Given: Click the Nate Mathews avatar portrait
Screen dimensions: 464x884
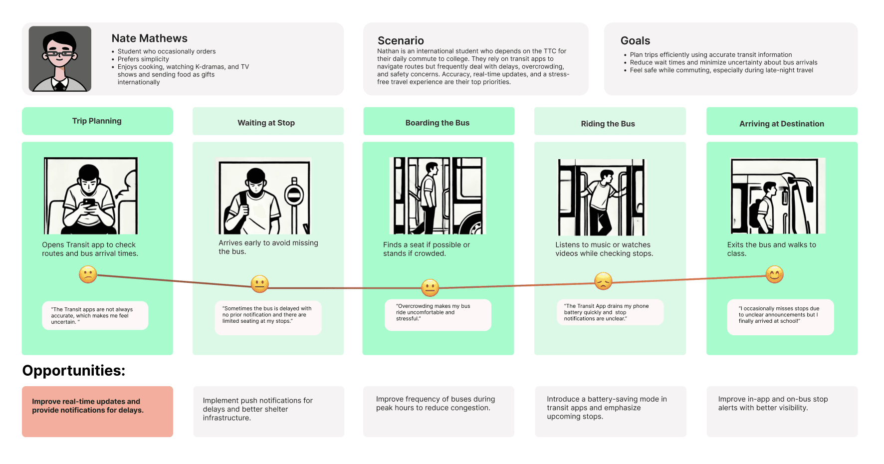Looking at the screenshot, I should point(60,59).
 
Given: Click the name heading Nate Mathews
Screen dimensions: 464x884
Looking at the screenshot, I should point(149,38).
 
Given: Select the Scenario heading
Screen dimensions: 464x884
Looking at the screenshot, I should point(401,41).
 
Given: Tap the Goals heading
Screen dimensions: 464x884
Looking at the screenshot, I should point(635,41).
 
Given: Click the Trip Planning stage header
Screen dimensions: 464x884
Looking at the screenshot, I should point(97,121).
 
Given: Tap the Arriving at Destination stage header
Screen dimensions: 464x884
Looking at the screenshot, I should point(782,124).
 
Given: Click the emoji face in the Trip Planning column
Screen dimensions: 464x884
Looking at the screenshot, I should point(88,274).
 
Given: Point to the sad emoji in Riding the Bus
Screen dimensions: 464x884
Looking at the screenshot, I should point(603,281).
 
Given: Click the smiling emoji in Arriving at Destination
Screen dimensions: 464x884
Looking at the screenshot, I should point(774,274).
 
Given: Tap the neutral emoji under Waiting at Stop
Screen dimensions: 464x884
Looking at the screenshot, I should point(259,284).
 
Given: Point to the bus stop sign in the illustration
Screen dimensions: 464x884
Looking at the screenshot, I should point(294,195).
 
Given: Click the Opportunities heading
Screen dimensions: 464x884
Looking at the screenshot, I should point(74,371).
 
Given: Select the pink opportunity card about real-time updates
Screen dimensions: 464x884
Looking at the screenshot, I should point(97,412).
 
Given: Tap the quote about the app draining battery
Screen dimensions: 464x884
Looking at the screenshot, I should point(610,312).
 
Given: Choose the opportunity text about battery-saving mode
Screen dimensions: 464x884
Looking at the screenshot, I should point(607,408).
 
